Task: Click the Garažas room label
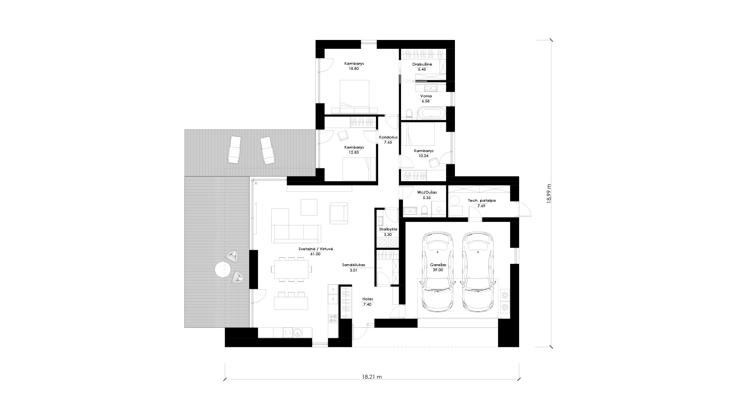(438, 265)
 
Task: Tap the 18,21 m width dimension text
(372, 377)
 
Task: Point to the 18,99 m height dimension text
(548, 193)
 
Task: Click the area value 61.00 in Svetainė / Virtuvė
(315, 254)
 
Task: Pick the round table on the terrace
(223, 269)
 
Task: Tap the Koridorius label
(388, 137)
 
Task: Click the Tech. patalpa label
(481, 201)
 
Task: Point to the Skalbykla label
(388, 229)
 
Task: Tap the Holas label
(367, 299)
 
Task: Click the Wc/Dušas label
(426, 192)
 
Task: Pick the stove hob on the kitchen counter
(333, 319)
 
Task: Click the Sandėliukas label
(353, 265)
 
